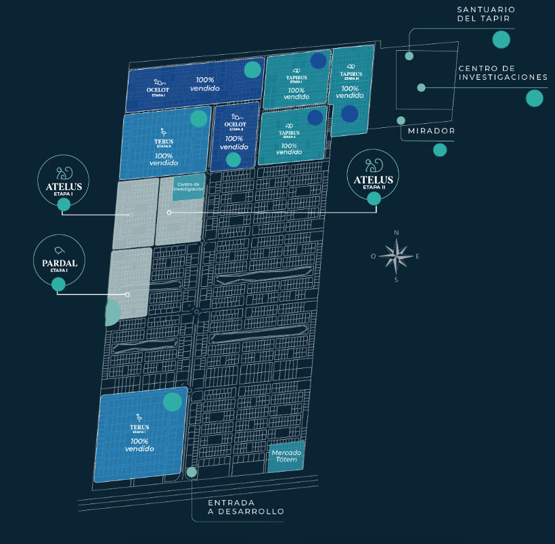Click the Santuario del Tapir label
tap(485, 14)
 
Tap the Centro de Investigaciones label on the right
tap(503, 72)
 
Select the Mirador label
tap(431, 131)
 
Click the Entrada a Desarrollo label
tap(246, 507)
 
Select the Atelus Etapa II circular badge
tap(374, 174)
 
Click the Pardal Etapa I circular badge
tap(59, 258)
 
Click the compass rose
tap(397, 256)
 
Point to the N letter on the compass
tap(397, 233)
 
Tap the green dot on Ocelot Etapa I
tap(252, 70)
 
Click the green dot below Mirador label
tap(440, 150)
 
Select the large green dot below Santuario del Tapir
tap(501, 39)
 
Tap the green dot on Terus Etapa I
tap(173, 402)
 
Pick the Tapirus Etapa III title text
tap(350, 74)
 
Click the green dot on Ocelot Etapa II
tap(234, 160)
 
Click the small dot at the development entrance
tap(192, 472)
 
